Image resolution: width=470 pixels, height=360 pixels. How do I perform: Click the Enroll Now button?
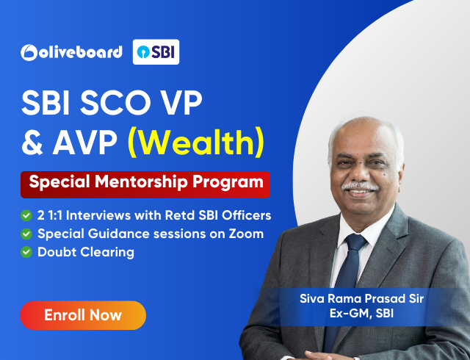[83, 315]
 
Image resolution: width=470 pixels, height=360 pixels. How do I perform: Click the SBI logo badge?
[156, 52]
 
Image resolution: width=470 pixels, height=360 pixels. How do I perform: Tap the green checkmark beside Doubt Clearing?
[26, 252]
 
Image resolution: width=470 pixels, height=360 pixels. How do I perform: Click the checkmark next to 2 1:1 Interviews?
[26, 215]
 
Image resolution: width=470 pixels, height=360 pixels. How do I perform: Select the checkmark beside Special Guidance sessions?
[26, 234]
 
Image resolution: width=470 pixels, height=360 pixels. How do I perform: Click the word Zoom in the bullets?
[247, 234]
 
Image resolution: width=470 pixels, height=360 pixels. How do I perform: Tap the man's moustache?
[361, 186]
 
